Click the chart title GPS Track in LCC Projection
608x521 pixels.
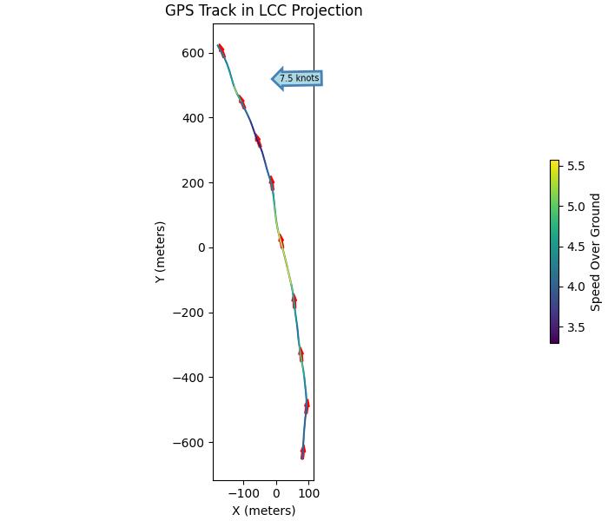(x=263, y=11)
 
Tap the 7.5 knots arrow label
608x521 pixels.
(x=298, y=79)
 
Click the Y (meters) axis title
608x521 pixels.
(x=160, y=252)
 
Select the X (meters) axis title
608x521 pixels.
(x=263, y=511)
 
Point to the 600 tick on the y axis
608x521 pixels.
(x=193, y=53)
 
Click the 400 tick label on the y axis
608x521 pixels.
(x=193, y=118)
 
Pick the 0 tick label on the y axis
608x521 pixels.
(x=200, y=247)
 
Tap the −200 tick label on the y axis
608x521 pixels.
(x=189, y=313)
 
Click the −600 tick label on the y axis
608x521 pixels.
(x=189, y=443)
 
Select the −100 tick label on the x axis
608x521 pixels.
(x=243, y=493)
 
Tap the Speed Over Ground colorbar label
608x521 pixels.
(x=596, y=252)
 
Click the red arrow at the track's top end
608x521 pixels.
(x=221, y=49)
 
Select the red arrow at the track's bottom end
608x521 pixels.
(x=303, y=452)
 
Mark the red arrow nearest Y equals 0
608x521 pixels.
(x=281, y=240)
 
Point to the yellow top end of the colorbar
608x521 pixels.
(x=554, y=162)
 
